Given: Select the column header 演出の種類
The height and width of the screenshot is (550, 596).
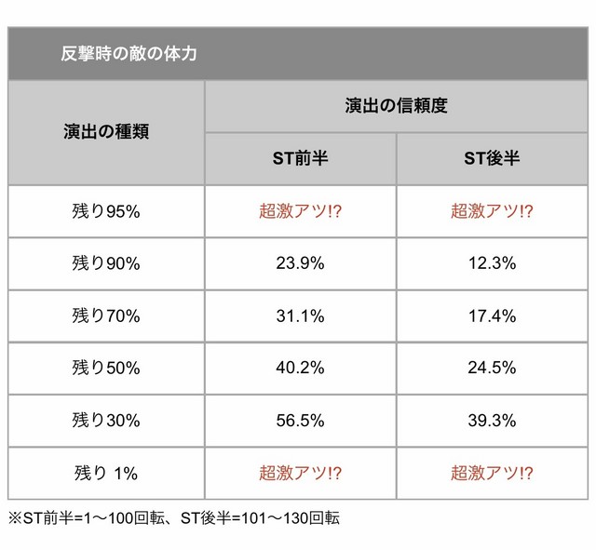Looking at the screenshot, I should pos(106,131).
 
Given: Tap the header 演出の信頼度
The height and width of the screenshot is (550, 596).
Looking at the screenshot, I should pos(396,106).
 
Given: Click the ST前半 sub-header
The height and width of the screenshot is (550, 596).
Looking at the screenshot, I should pos(300,158).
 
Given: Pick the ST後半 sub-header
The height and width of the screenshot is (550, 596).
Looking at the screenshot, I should pos(492,158).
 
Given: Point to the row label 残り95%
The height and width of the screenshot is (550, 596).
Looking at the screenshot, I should pos(106,211).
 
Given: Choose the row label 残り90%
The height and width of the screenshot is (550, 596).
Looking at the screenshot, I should pos(106,263).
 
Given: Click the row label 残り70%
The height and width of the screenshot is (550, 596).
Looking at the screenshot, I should pos(106,315).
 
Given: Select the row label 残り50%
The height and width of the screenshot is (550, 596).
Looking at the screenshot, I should pos(106,368).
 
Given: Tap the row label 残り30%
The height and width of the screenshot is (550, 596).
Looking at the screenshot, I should pos(106,421).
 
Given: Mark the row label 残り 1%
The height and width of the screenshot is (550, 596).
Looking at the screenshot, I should pos(106,473).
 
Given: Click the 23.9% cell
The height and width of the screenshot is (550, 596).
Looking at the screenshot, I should pos(300,263).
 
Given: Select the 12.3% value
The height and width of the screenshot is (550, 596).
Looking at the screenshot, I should pos(492,263).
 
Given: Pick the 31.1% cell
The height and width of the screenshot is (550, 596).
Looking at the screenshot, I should pos(300,315).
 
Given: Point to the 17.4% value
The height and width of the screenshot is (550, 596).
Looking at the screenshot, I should pos(492,315).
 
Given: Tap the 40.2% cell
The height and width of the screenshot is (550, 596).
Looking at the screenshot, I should pos(300,368).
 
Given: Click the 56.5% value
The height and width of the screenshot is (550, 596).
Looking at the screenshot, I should pos(300,421).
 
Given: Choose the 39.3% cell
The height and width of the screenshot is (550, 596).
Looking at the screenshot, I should pos(492,421).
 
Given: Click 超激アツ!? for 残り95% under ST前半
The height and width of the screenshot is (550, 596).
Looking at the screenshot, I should pos(300,211).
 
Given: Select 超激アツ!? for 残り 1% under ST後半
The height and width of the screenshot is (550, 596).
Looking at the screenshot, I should pos(492,473).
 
